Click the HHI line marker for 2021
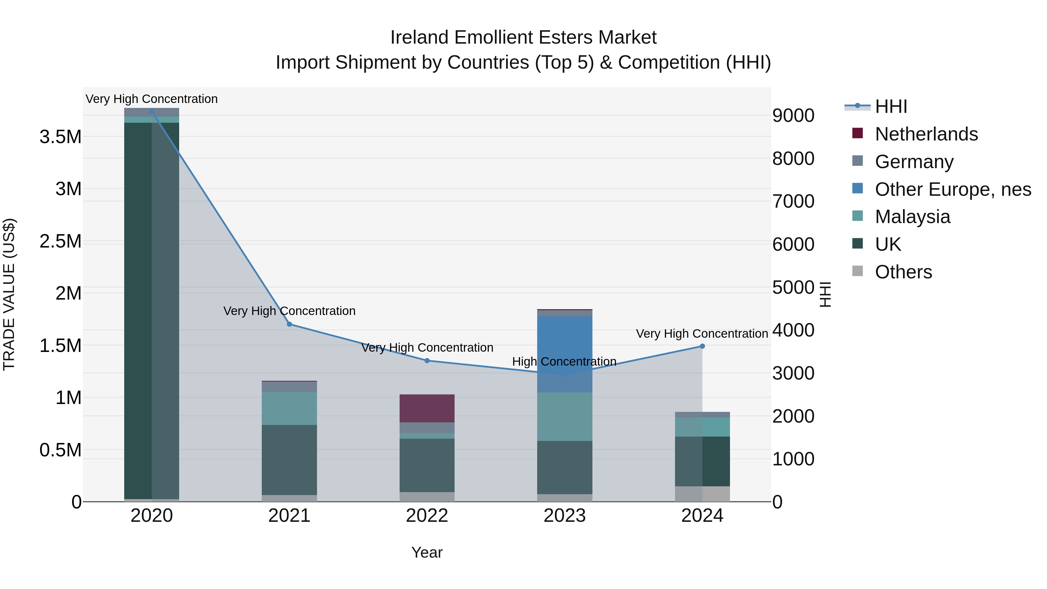coord(289,324)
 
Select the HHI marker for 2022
coord(427,361)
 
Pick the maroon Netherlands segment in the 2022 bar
coord(427,408)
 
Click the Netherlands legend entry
coord(926,134)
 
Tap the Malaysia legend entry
coord(912,217)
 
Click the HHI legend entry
coord(891,106)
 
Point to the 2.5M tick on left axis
coord(60,241)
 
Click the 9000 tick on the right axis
coord(793,116)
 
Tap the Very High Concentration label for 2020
coord(152,99)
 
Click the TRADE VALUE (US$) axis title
coord(9,294)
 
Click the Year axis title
coord(427,552)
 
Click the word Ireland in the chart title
coord(420,38)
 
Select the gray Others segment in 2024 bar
coord(702,494)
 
